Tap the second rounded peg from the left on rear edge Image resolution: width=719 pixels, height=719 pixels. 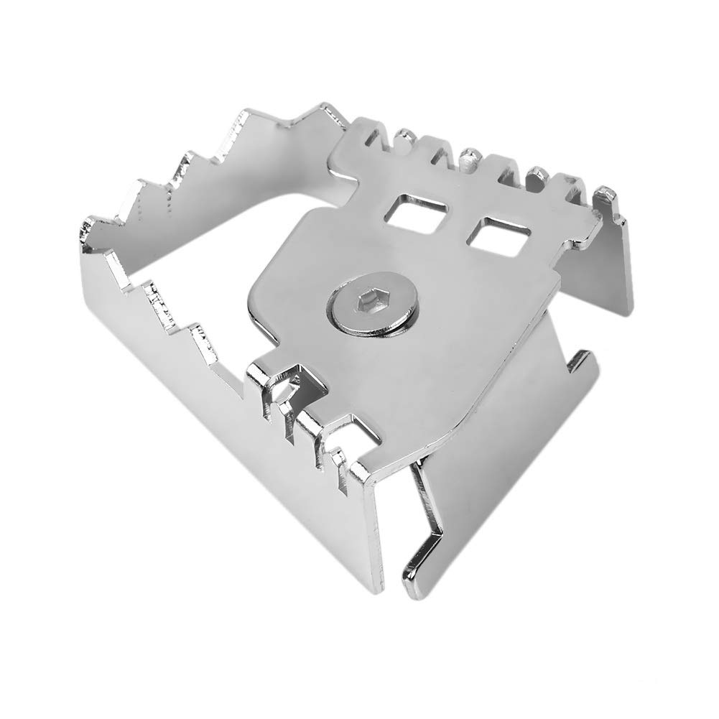[470, 154]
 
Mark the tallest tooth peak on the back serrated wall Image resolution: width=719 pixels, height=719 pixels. [330, 108]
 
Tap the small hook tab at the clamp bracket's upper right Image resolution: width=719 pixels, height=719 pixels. [582, 359]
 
